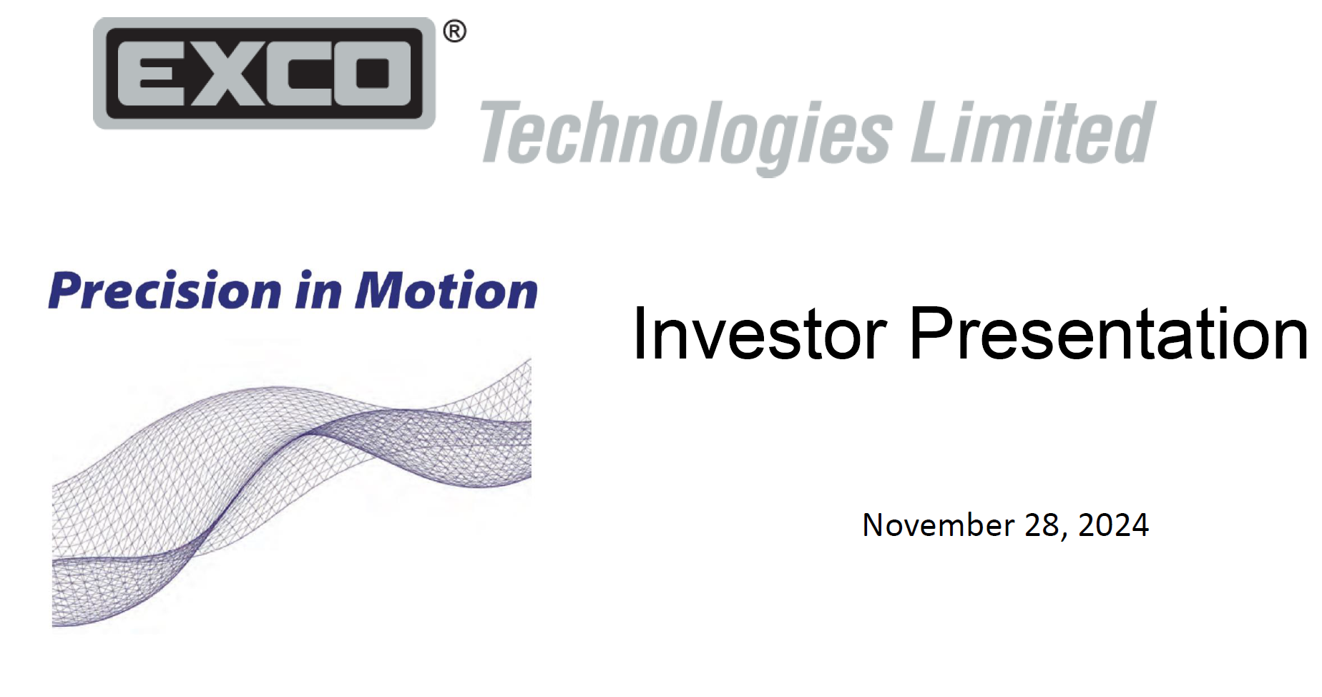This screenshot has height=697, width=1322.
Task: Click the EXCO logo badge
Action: click(264, 73)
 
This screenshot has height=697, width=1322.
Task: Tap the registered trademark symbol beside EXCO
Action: click(454, 31)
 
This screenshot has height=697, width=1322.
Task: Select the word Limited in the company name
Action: click(1033, 132)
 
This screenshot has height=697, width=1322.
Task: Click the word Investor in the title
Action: click(760, 333)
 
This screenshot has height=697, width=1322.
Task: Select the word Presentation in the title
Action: click(1109, 333)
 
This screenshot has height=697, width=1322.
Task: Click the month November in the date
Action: click(938, 525)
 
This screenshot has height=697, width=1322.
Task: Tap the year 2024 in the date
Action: click(1113, 525)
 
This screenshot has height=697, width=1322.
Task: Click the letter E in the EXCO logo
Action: click(156, 73)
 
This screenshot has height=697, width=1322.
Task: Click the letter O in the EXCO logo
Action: click(372, 73)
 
